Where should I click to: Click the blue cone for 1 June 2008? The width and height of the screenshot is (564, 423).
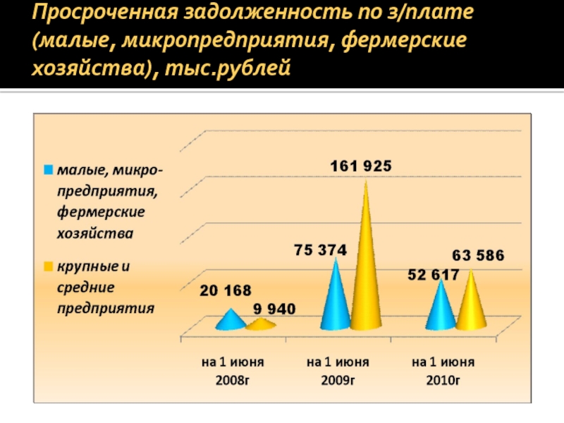(x=230, y=321)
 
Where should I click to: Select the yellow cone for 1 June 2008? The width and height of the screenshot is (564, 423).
(x=261, y=324)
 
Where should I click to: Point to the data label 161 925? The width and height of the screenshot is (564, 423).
(x=362, y=166)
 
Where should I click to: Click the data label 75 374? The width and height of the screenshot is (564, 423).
(x=320, y=250)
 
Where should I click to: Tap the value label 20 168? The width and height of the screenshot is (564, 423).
(x=225, y=290)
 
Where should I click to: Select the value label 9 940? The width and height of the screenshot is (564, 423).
(x=274, y=309)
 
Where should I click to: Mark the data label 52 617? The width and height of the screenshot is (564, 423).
(x=433, y=274)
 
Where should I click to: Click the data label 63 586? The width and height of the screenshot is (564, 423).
(x=477, y=256)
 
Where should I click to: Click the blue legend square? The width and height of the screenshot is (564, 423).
(x=49, y=170)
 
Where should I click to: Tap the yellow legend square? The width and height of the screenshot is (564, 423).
(x=49, y=266)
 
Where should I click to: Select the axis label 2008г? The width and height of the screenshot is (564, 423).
(x=232, y=381)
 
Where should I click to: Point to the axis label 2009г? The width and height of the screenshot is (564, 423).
(x=338, y=381)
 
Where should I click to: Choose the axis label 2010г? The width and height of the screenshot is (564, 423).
(x=443, y=381)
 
